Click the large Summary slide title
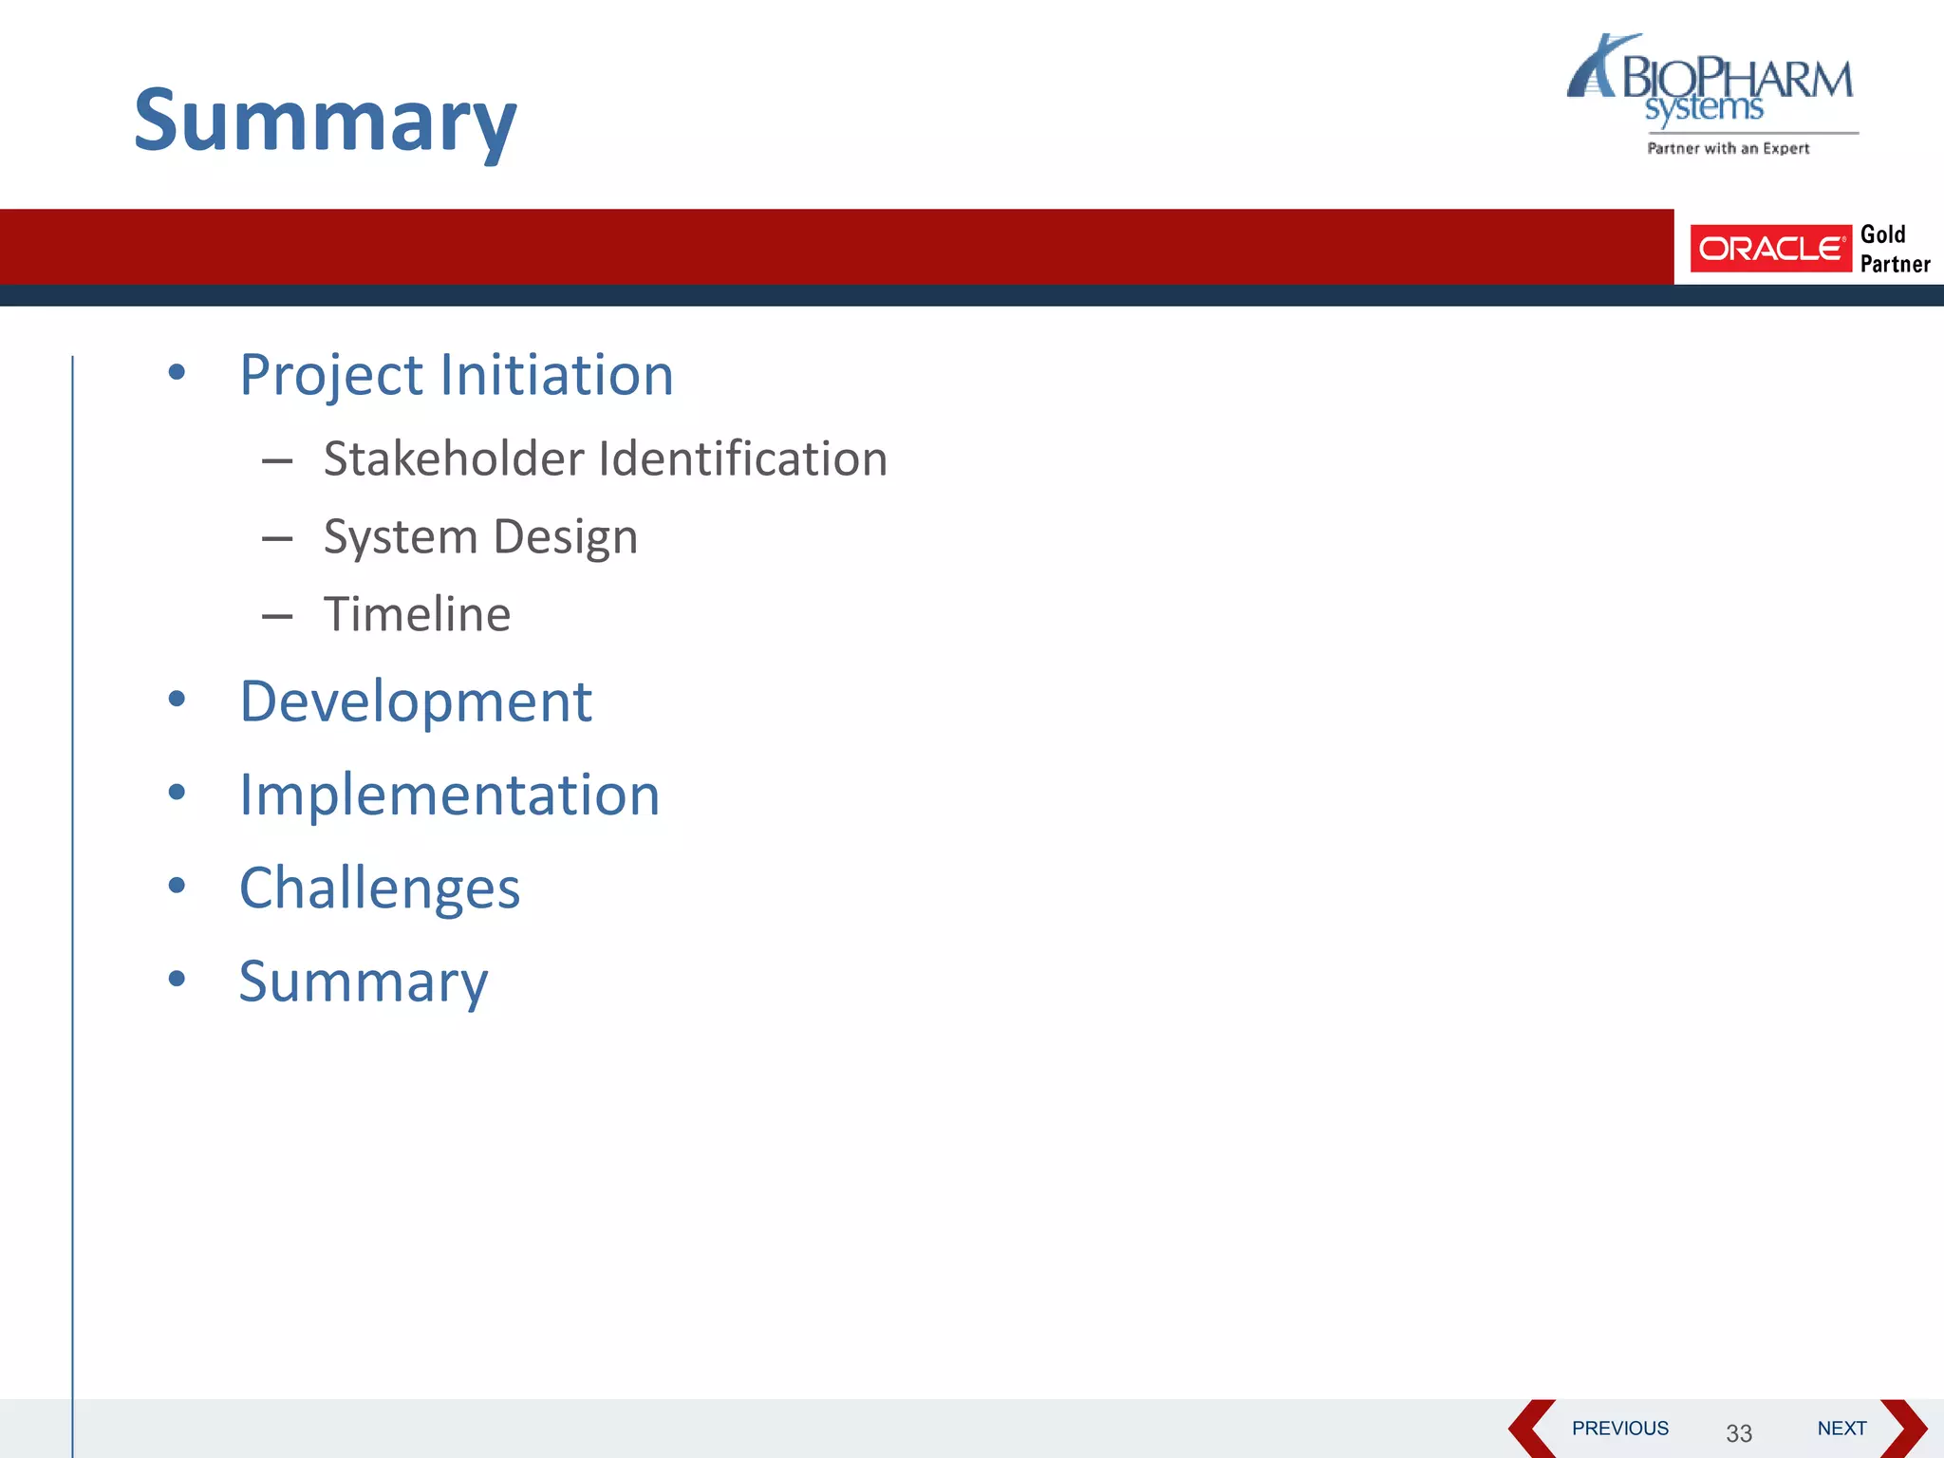click(x=325, y=121)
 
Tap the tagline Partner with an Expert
click(x=1728, y=148)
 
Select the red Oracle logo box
click(x=1770, y=249)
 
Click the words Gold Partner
click(x=1894, y=249)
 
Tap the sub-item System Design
click(x=480, y=537)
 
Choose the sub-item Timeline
click(x=417, y=614)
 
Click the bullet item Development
click(x=416, y=701)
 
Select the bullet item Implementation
click(x=449, y=794)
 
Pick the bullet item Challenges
click(x=380, y=888)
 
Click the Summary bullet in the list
click(x=364, y=981)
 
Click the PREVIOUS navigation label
click(x=1619, y=1428)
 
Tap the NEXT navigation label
click(x=1841, y=1428)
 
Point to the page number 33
click(x=1738, y=1433)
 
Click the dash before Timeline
click(x=277, y=617)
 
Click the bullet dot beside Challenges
click(x=177, y=886)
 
